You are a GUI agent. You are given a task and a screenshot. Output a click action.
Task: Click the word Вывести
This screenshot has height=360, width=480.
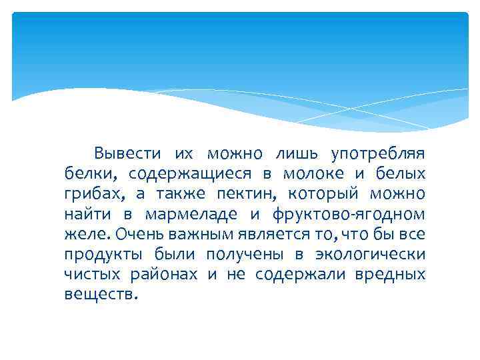click(x=128, y=153)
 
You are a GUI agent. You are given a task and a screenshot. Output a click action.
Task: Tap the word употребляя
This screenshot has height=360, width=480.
click(x=378, y=153)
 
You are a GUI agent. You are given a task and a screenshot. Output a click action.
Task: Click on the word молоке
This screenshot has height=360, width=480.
click(x=313, y=174)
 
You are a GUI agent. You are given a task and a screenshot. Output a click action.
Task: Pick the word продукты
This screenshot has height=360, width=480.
click(x=99, y=255)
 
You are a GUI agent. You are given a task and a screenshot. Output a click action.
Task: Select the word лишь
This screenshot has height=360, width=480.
click(x=300, y=153)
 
